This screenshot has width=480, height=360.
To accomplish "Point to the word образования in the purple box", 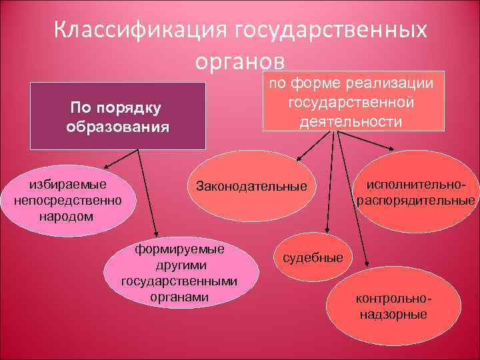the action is [117, 126].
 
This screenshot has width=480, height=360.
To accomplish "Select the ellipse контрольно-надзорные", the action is [393, 304].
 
